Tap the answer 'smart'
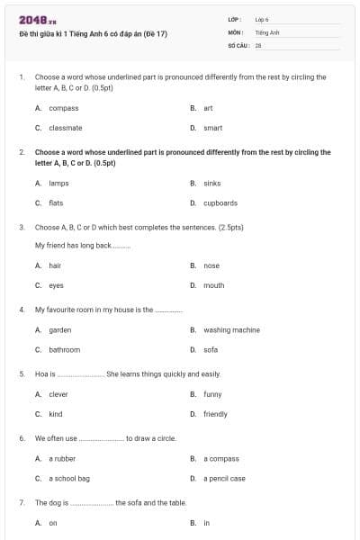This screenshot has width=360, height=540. point(212,128)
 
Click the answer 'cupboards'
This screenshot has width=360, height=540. point(220,202)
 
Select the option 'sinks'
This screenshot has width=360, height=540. point(211,183)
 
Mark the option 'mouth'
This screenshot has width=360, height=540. point(213,285)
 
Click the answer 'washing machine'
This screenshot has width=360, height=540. point(231,329)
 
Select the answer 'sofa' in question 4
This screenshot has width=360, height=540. point(211,349)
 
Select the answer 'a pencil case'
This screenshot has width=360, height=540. point(224,478)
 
